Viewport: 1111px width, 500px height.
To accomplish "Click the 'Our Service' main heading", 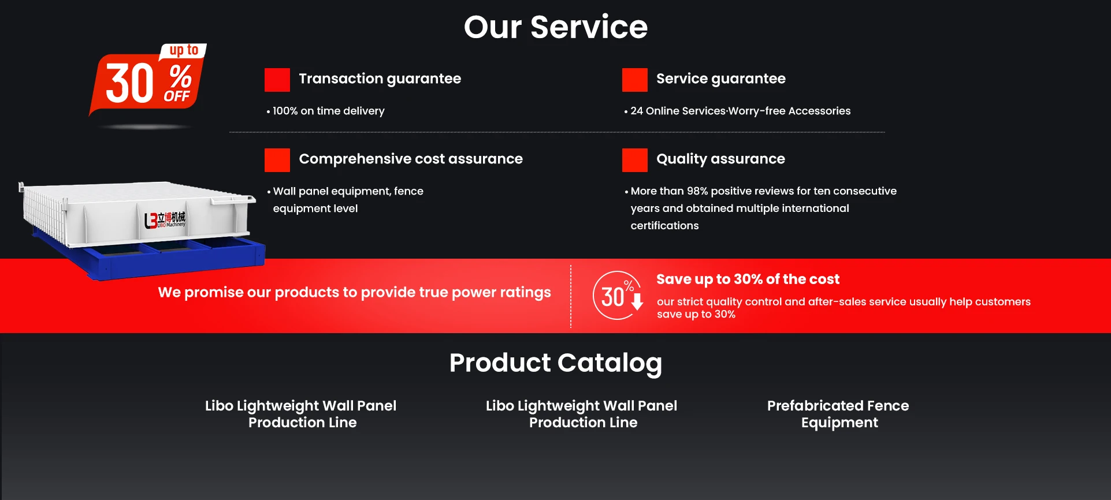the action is (x=556, y=27).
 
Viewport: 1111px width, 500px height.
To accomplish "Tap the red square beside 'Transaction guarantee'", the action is (x=277, y=80).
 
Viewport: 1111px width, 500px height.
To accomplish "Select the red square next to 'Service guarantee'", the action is (x=635, y=80).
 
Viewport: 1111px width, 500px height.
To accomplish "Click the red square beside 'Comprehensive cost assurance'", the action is (x=277, y=160).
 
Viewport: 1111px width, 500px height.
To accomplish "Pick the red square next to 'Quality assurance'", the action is (x=635, y=160).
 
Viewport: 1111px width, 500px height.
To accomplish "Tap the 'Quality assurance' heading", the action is (x=720, y=159).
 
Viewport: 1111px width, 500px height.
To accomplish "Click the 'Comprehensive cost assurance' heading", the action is (x=411, y=159).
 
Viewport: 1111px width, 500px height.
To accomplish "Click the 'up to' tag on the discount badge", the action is (x=184, y=50).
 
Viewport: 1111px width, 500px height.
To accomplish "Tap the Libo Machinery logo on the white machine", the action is (x=165, y=219).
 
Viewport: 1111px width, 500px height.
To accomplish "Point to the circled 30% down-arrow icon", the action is (x=618, y=295).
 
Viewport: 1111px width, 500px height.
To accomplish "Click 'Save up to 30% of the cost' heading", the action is (x=748, y=279).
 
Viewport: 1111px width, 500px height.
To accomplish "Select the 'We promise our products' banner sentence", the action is (x=354, y=293).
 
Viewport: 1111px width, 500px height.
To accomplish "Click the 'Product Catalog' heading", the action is (x=556, y=363).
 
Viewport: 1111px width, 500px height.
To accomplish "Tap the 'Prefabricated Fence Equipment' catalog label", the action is (x=838, y=414).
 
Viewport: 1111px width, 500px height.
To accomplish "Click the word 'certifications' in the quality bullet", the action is (x=664, y=226).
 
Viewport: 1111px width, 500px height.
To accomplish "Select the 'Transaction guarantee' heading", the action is (x=380, y=79).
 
